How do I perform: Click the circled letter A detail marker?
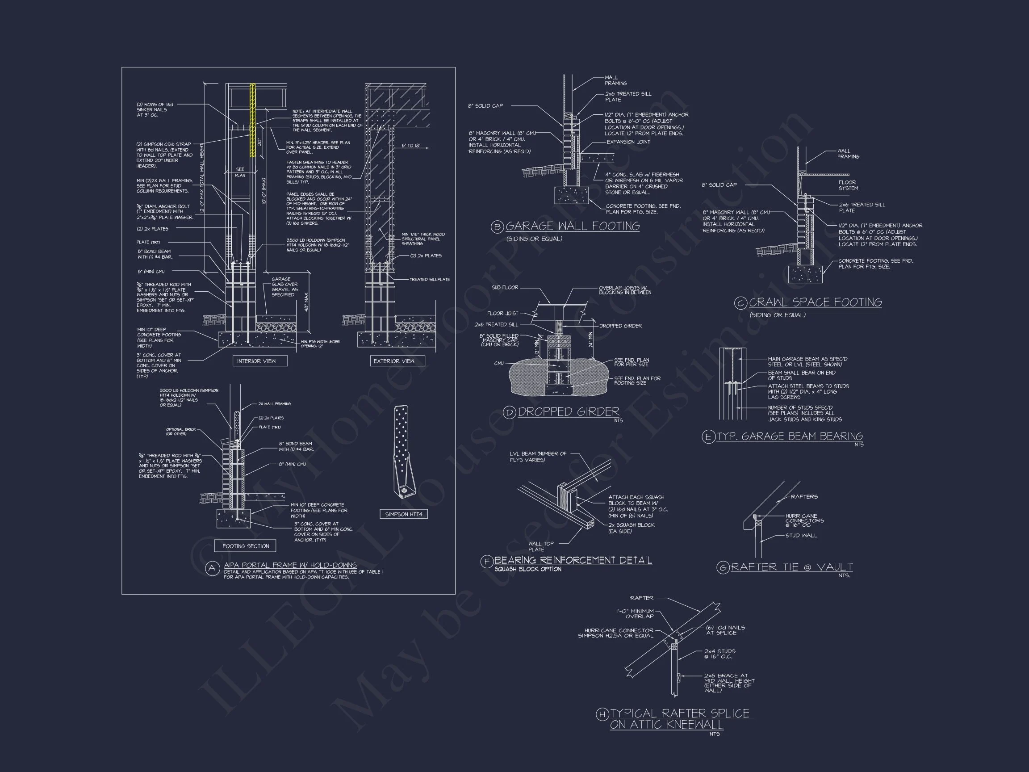(212, 568)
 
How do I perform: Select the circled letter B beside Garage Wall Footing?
(497, 227)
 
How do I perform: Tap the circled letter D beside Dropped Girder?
(510, 412)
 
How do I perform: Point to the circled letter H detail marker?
(602, 714)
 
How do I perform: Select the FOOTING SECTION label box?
(245, 546)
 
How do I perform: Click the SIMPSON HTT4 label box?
(403, 514)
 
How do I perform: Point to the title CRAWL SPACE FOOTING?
(815, 302)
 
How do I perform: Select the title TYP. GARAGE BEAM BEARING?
(790, 436)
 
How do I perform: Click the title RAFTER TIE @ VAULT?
(791, 567)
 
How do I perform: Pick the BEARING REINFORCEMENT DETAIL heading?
(573, 560)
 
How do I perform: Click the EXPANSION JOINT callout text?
(628, 142)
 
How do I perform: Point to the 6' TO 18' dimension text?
(410, 146)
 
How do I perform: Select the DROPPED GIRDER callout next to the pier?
(620, 326)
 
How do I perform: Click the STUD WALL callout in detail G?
(801, 536)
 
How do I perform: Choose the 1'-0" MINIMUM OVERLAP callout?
(635, 614)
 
